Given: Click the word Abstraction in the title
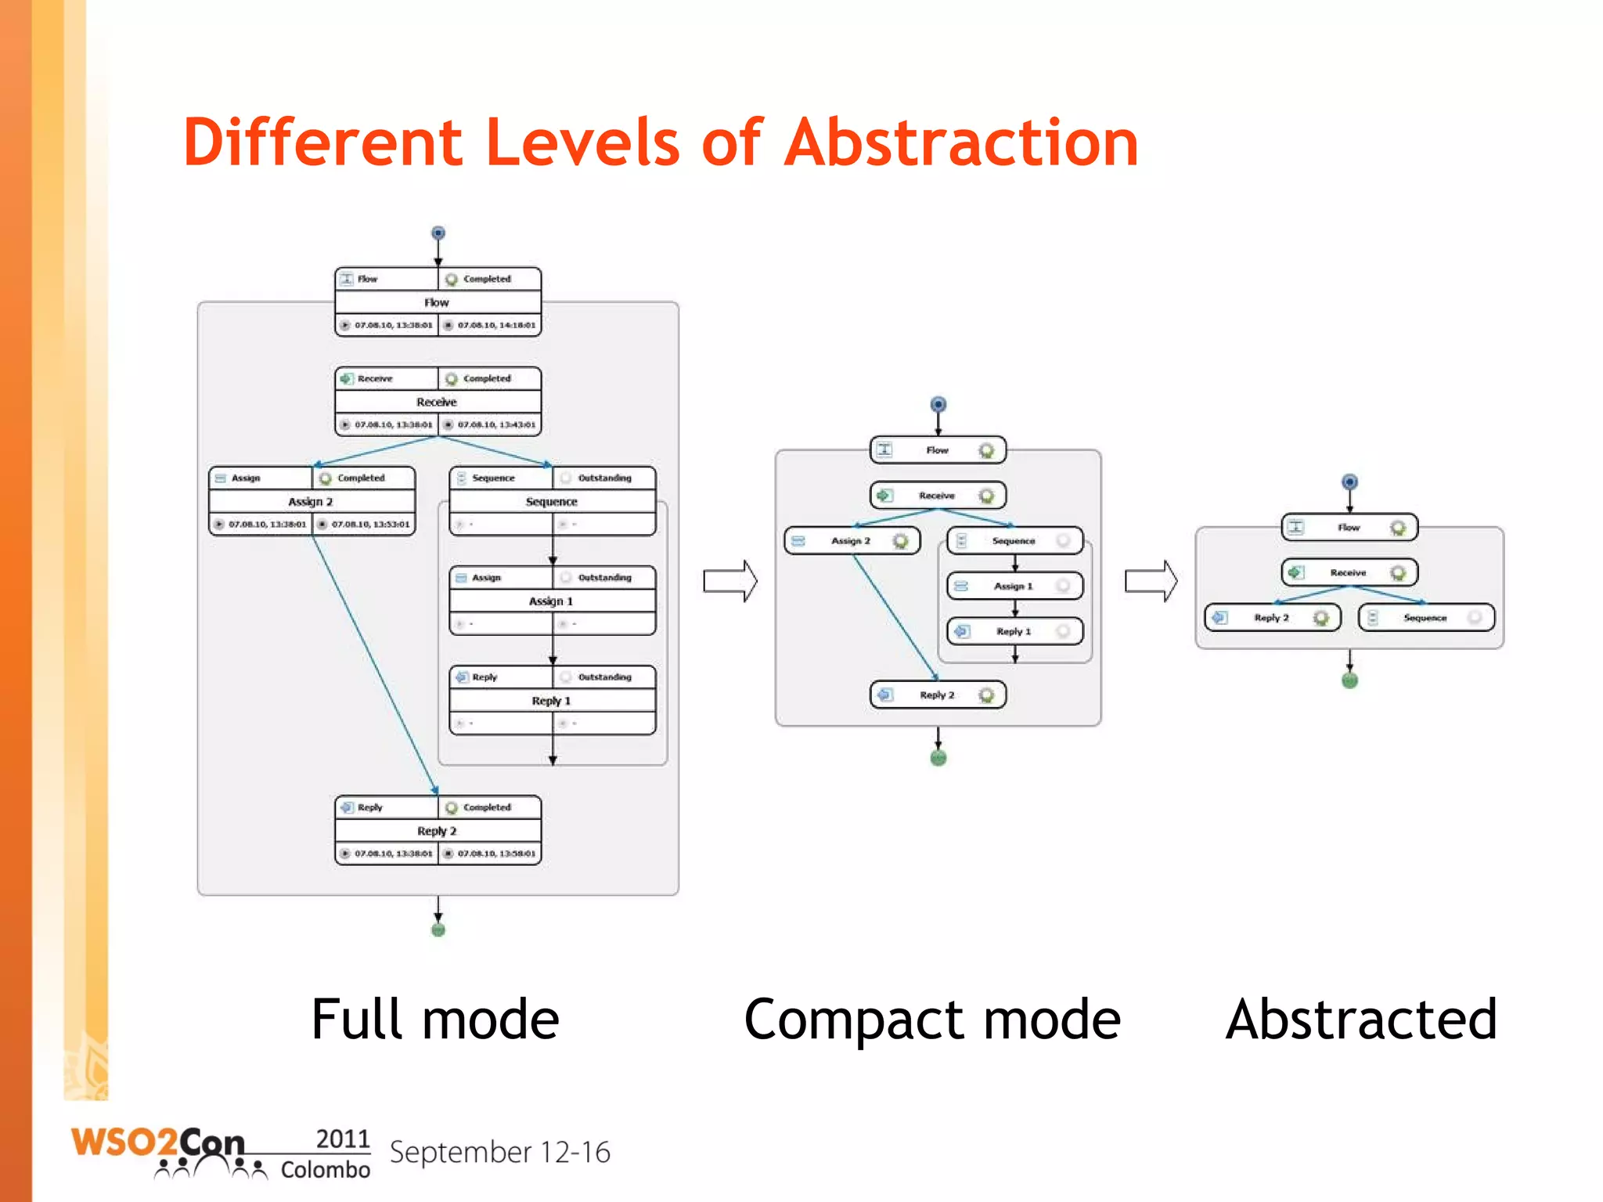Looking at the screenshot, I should (x=961, y=143).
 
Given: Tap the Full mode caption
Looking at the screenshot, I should (x=435, y=1020).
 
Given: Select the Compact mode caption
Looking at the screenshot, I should (x=931, y=1020).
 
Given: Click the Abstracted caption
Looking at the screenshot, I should (x=1361, y=1020).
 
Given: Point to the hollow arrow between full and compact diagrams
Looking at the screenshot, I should (x=729, y=581).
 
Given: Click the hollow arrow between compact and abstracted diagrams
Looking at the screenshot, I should (x=1151, y=581).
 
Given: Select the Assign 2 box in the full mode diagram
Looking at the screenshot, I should (x=312, y=501).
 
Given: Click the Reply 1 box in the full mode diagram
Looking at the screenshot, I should (x=552, y=700).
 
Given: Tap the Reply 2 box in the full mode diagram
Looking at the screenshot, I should (x=438, y=830).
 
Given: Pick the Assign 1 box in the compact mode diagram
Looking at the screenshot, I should (x=1014, y=586).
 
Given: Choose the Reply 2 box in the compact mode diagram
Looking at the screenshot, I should (x=938, y=695).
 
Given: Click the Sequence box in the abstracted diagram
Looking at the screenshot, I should (x=1426, y=618).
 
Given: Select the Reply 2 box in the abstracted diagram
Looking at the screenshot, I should (x=1272, y=618).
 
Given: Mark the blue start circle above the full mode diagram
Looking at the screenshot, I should (x=438, y=233).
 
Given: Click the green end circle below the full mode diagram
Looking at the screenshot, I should (x=438, y=929).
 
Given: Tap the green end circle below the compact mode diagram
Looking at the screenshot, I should (x=938, y=757).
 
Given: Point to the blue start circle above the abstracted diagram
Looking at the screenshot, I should (x=1349, y=482).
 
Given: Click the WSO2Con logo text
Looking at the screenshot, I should (x=157, y=1144).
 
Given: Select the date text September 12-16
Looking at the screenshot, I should (x=499, y=1153).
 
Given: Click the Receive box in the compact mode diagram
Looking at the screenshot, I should (x=938, y=496).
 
